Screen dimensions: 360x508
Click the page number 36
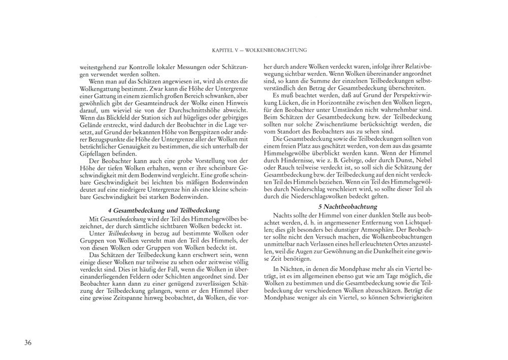coord(27,342)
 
